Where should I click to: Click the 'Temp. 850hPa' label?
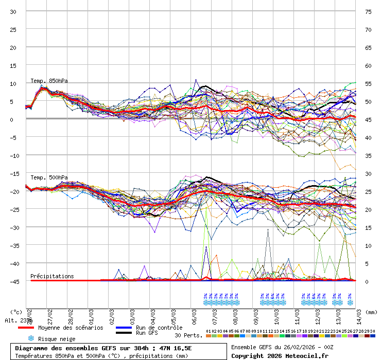[x=49, y=81]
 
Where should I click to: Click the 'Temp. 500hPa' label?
[x=49, y=177]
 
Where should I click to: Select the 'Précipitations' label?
[x=52, y=276]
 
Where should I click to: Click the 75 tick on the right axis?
[x=368, y=11]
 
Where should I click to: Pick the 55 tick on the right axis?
[x=368, y=83]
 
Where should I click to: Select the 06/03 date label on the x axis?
[x=194, y=314]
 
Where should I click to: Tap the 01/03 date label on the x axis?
[x=91, y=314]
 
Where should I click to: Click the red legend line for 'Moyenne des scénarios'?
[x=26, y=328]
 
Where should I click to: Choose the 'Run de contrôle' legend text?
[x=159, y=328]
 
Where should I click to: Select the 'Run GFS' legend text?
[x=148, y=333]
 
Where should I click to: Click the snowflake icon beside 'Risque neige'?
[x=31, y=338]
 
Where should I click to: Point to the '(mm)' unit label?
[x=372, y=312]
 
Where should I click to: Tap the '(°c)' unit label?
[x=16, y=312]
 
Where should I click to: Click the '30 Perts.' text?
[x=188, y=335]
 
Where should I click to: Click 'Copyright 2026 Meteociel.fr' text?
[x=280, y=355]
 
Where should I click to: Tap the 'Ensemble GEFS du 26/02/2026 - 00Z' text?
[x=283, y=348]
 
